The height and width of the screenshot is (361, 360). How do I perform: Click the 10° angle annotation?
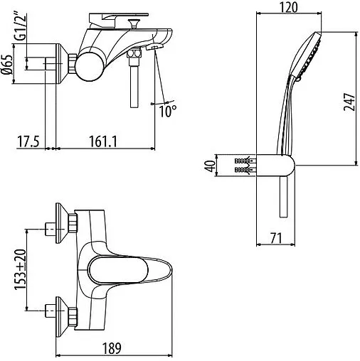(x=169, y=112)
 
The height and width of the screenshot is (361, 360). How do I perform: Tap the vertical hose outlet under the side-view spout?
(x=133, y=85)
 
